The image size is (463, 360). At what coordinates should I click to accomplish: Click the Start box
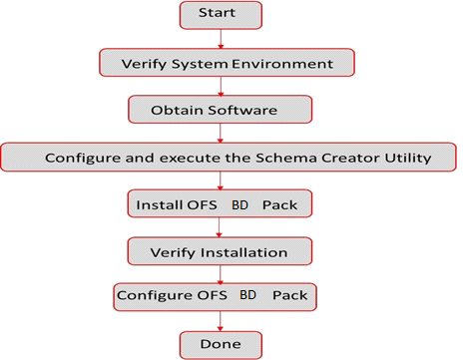tap(220, 15)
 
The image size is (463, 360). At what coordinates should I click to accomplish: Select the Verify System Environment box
tap(227, 64)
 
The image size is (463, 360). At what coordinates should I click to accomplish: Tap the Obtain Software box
tap(220, 108)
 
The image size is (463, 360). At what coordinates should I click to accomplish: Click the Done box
tap(220, 345)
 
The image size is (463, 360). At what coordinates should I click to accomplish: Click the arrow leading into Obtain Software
tap(220, 86)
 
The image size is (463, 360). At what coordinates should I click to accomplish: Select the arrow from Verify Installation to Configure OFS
tap(220, 274)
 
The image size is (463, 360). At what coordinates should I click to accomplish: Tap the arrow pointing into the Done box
tap(220, 321)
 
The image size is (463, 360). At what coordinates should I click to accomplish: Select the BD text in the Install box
tap(240, 205)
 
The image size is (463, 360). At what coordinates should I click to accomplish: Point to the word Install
tap(157, 205)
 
